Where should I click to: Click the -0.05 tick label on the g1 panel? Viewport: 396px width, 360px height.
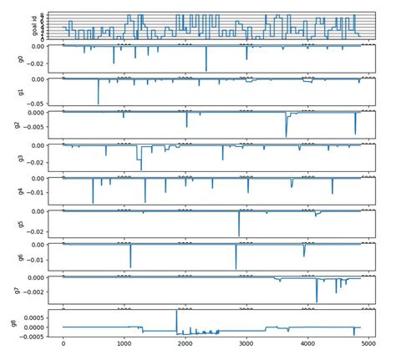pyautogui.click(x=35, y=104)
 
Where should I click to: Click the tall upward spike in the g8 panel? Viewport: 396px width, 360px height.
pyautogui.click(x=176, y=312)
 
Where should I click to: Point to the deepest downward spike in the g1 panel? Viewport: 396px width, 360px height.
pyautogui.click(x=99, y=104)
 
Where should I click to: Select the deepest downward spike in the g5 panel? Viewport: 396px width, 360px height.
pyautogui.click(x=239, y=236)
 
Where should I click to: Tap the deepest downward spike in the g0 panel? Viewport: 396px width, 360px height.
pyautogui.click(x=206, y=71)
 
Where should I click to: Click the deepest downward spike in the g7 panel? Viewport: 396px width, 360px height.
pyautogui.click(x=317, y=301)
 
